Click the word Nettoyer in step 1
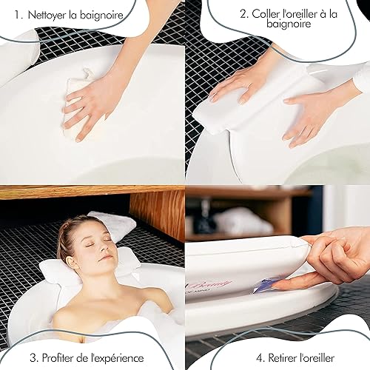tap(47, 15)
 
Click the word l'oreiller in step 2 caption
tap(299, 14)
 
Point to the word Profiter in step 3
tap(58, 358)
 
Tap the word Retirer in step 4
tap(283, 358)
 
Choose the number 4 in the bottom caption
tap(259, 358)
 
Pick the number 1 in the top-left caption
tap(17, 15)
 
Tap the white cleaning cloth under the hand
tap(74, 104)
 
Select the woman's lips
tap(107, 258)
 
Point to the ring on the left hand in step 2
tap(250, 86)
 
